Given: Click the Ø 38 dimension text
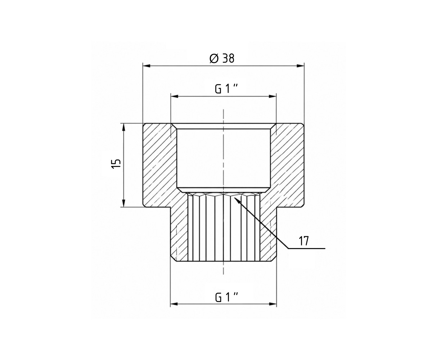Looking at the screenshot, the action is pos(222,59).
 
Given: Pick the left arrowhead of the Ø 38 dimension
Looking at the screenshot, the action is pos(147,66).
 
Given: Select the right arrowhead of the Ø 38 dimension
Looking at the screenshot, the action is pos(300,66).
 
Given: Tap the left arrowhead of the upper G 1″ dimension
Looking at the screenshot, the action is pos(174,96).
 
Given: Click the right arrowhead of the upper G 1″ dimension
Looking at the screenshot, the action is pos(273,96).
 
